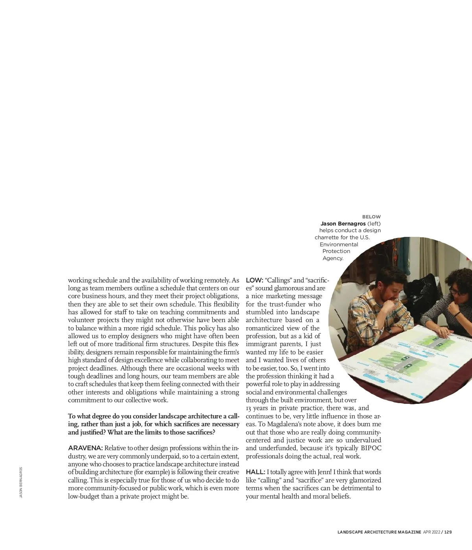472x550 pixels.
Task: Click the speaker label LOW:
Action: pyautogui.click(x=254, y=280)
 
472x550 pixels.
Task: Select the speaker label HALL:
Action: pyautogui.click(x=255, y=472)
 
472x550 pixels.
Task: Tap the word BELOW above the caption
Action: pyautogui.click(x=371, y=217)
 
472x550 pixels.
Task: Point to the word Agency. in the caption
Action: pyautogui.click(x=333, y=258)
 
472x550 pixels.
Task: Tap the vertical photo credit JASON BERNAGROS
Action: pyautogui.click(x=21, y=482)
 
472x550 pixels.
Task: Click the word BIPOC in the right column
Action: pyautogui.click(x=371, y=448)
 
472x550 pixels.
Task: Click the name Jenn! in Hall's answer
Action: pyautogui.click(x=324, y=472)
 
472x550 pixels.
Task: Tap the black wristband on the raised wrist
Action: pyautogui.click(x=457, y=314)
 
